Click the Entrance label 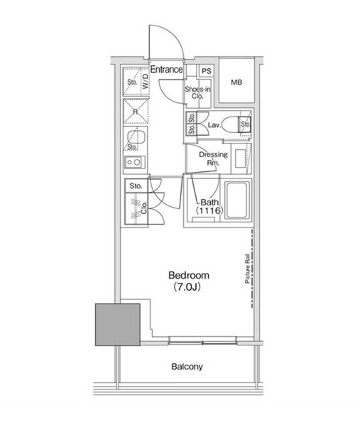(x=166, y=70)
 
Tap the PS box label (x=207, y=71)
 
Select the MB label (x=236, y=82)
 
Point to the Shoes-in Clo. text (x=197, y=92)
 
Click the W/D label (x=146, y=81)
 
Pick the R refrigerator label (x=136, y=112)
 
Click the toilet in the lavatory (x=236, y=125)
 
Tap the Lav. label (x=214, y=125)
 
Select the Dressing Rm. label (x=213, y=158)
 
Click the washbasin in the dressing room (x=241, y=158)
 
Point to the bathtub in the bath (x=237, y=200)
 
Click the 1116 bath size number (x=209, y=210)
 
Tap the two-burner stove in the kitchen (x=134, y=162)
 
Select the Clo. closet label (x=144, y=208)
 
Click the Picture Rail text (x=247, y=269)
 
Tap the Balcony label (x=187, y=367)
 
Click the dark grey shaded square (x=118, y=324)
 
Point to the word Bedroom (x=189, y=275)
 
